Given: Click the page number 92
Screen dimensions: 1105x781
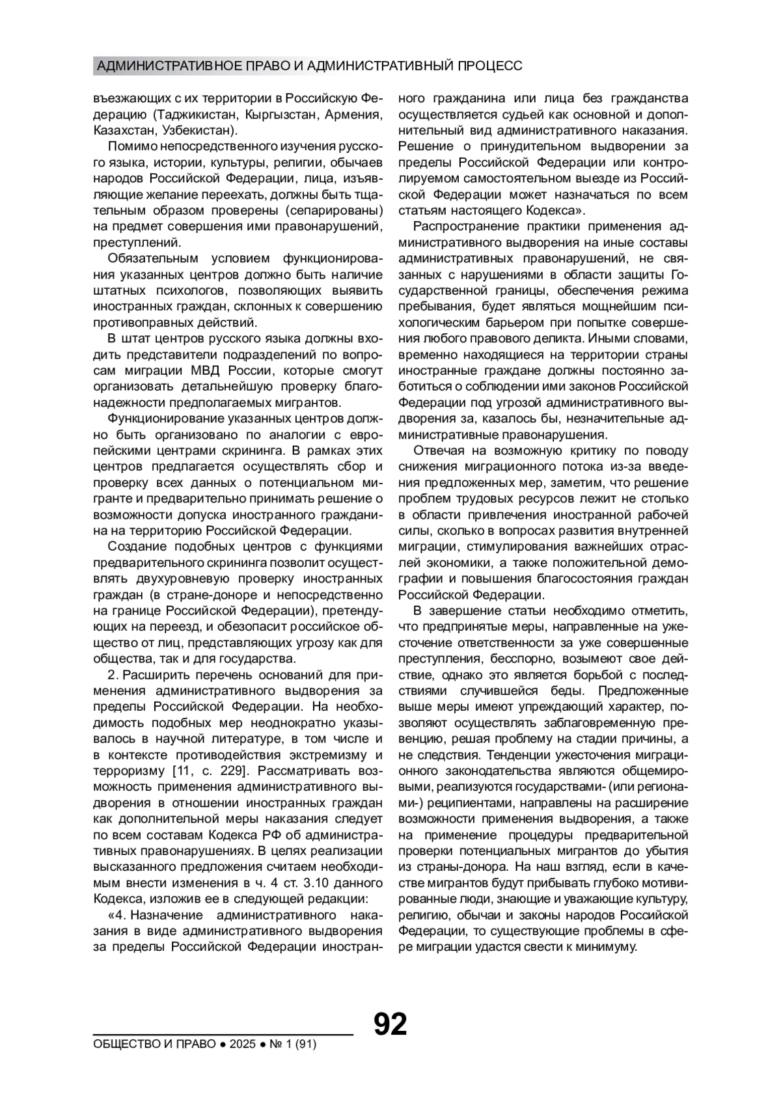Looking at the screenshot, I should click(x=390, y=1024).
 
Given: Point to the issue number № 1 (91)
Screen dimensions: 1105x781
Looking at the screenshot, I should click(x=293, y=1044).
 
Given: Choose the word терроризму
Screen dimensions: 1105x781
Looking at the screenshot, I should click(x=130, y=771).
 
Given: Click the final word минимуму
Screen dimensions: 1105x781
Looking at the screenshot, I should click(x=606, y=947).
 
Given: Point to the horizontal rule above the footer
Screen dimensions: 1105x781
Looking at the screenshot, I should click(x=223, y=1033).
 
